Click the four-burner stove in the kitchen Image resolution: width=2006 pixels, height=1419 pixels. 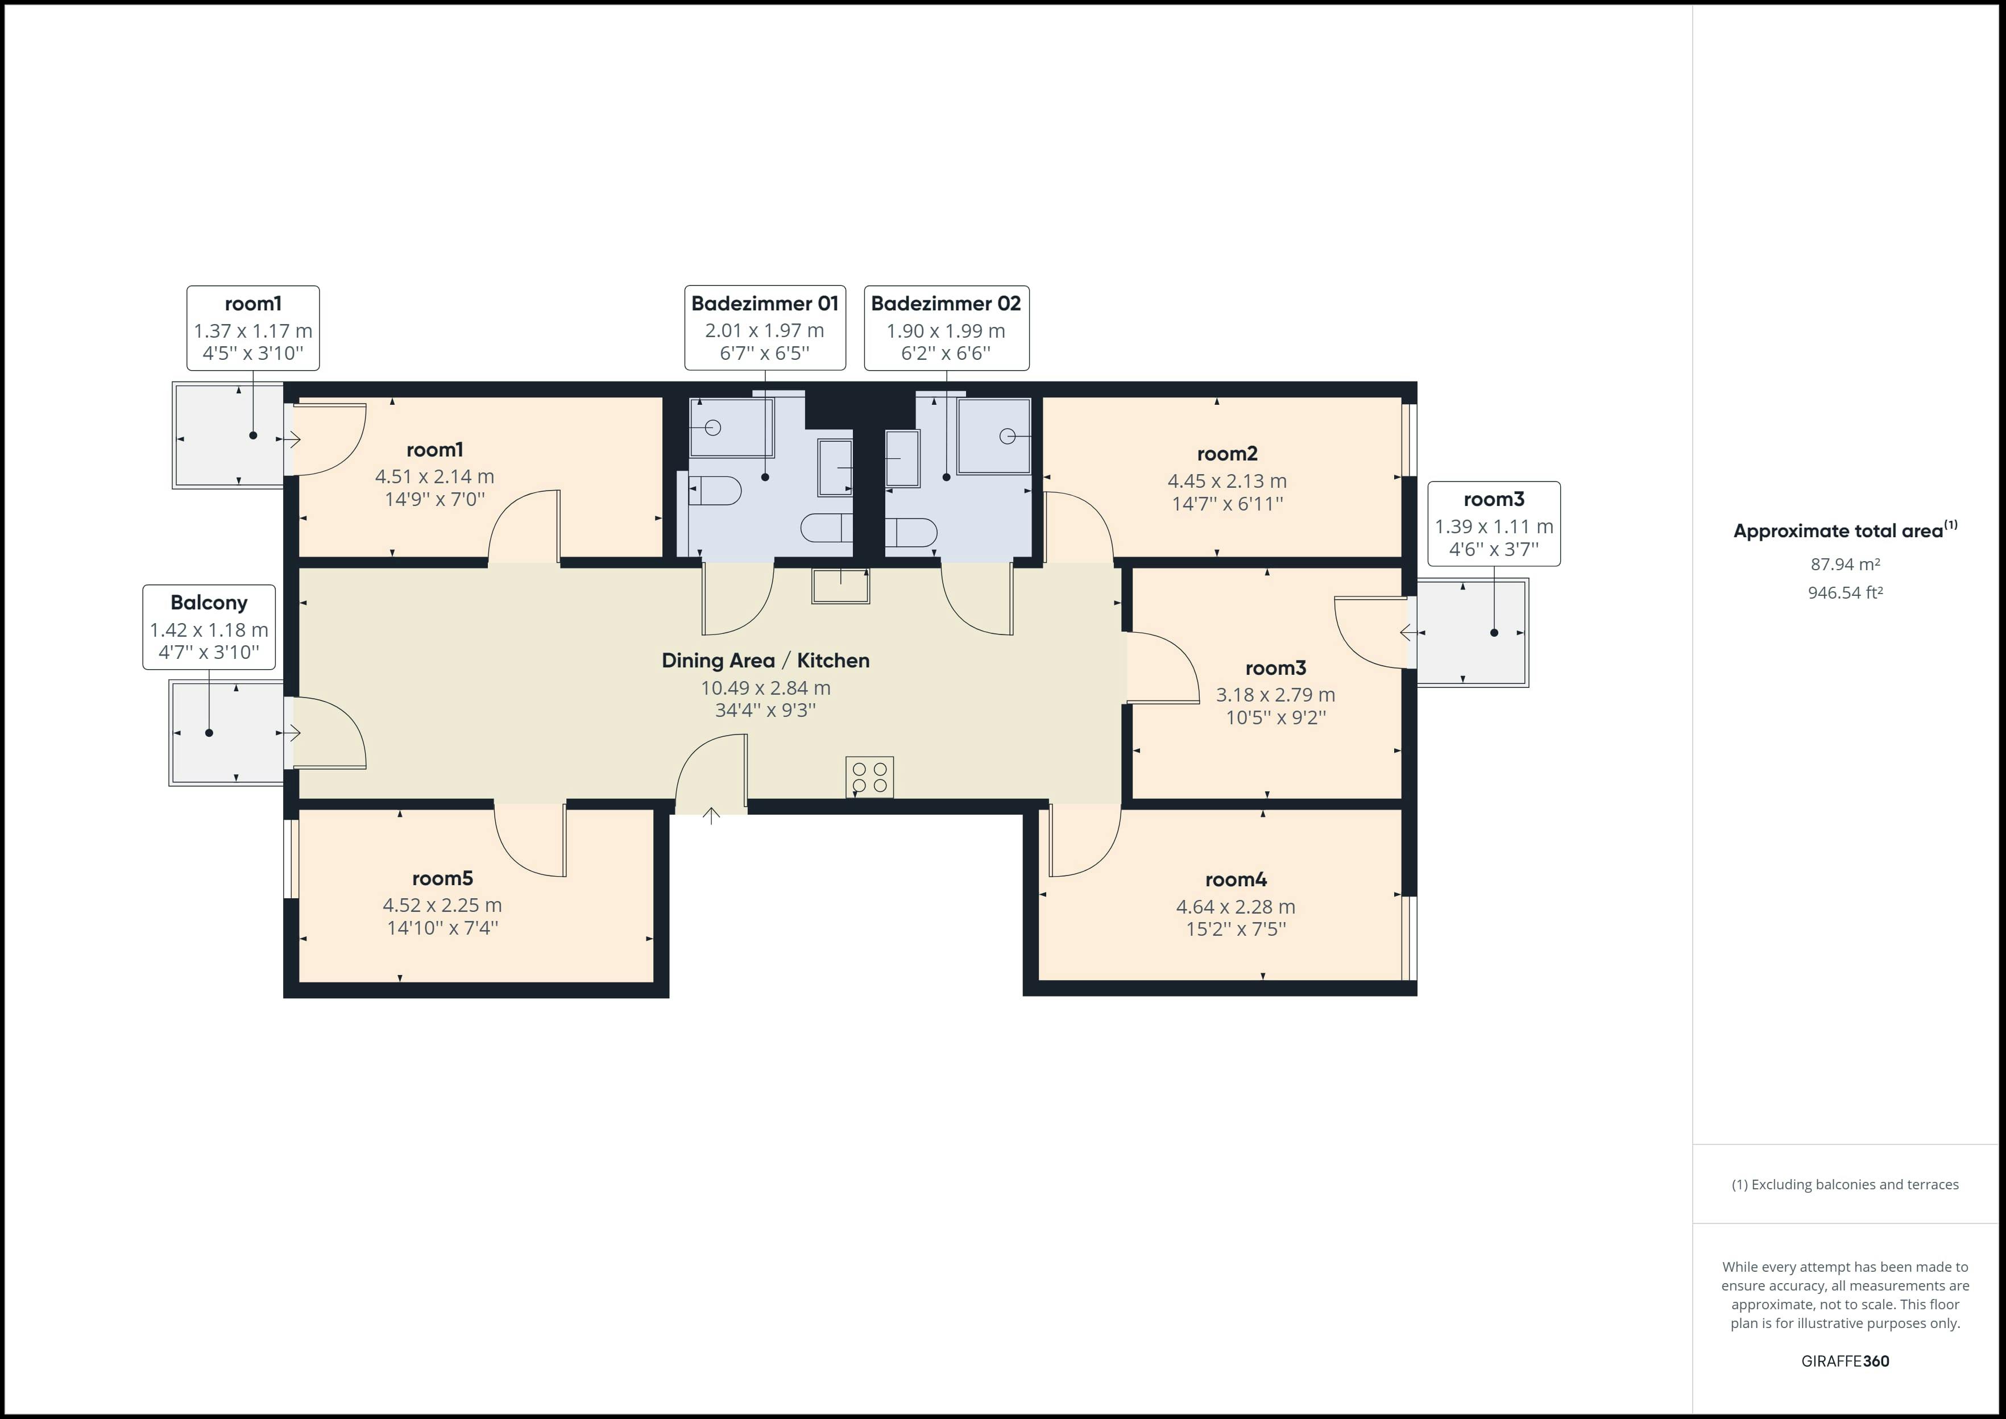click(x=869, y=777)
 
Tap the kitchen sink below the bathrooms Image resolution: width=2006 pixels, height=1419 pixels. click(x=840, y=586)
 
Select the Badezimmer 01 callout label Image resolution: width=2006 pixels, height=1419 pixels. click(x=765, y=327)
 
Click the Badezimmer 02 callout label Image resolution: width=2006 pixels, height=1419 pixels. click(x=946, y=327)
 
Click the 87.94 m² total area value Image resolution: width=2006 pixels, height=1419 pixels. click(x=1845, y=565)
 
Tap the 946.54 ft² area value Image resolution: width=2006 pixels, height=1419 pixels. click(x=1845, y=592)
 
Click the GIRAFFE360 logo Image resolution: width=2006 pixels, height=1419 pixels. click(x=1845, y=1360)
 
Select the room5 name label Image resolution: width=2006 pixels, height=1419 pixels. click(x=442, y=878)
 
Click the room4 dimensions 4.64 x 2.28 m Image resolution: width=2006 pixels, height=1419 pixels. click(x=1236, y=907)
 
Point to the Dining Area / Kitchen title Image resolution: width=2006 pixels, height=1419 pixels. click(x=765, y=661)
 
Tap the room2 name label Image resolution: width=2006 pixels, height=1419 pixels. click(x=1226, y=454)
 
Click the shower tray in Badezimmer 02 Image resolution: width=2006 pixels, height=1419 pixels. click(x=994, y=435)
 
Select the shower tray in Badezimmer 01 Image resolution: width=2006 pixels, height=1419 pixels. click(x=731, y=428)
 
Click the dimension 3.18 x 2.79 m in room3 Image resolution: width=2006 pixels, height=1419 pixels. click(x=1275, y=695)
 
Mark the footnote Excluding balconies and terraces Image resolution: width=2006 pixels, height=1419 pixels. click(x=1845, y=1185)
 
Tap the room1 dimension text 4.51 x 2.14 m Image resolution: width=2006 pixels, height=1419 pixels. click(x=434, y=476)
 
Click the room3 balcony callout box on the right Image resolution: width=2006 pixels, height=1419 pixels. click(x=1493, y=524)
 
